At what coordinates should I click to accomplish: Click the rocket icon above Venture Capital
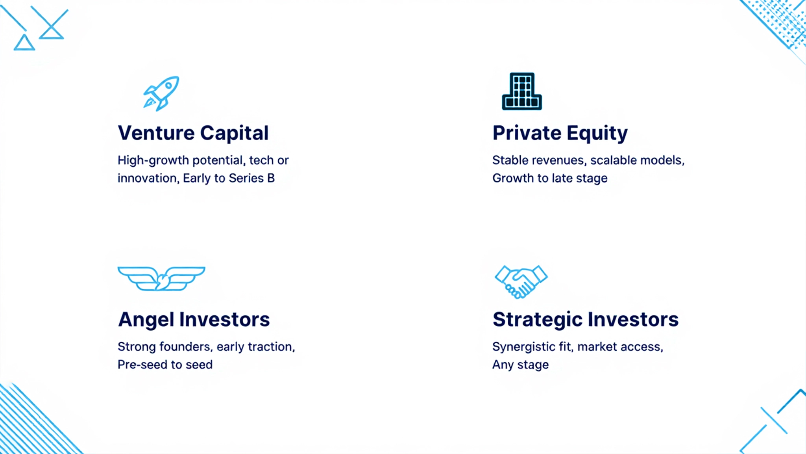tap(161, 93)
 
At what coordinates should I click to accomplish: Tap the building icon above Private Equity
tap(522, 91)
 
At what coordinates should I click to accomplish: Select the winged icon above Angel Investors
tap(161, 279)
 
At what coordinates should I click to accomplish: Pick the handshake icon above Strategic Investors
tap(521, 281)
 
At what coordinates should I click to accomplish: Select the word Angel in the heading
tap(146, 320)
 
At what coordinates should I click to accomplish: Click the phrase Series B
tap(251, 178)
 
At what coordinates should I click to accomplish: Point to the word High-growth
tap(153, 160)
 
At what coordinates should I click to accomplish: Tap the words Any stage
tap(520, 365)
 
